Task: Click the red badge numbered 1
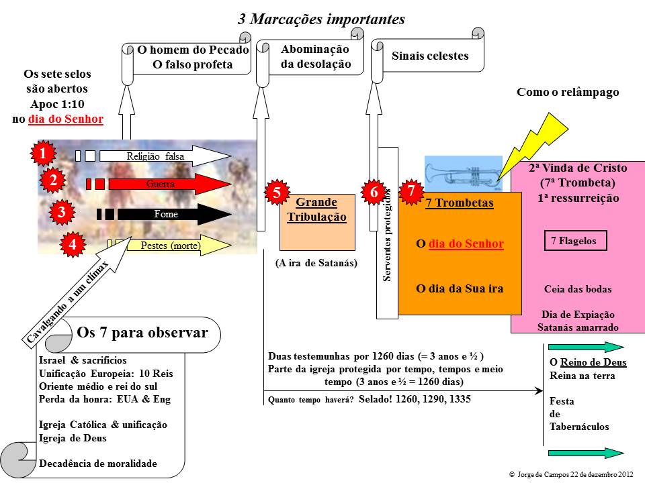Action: click(x=43, y=154)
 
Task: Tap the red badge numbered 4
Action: click(x=72, y=246)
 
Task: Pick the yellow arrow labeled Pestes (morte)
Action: click(x=169, y=246)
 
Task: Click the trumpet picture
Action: click(x=463, y=174)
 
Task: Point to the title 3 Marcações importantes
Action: click(x=321, y=19)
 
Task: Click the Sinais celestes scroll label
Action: click(x=430, y=56)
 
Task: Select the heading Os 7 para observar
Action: click(x=142, y=333)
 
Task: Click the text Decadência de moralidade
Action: click(x=98, y=463)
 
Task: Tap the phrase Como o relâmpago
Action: click(x=567, y=93)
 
